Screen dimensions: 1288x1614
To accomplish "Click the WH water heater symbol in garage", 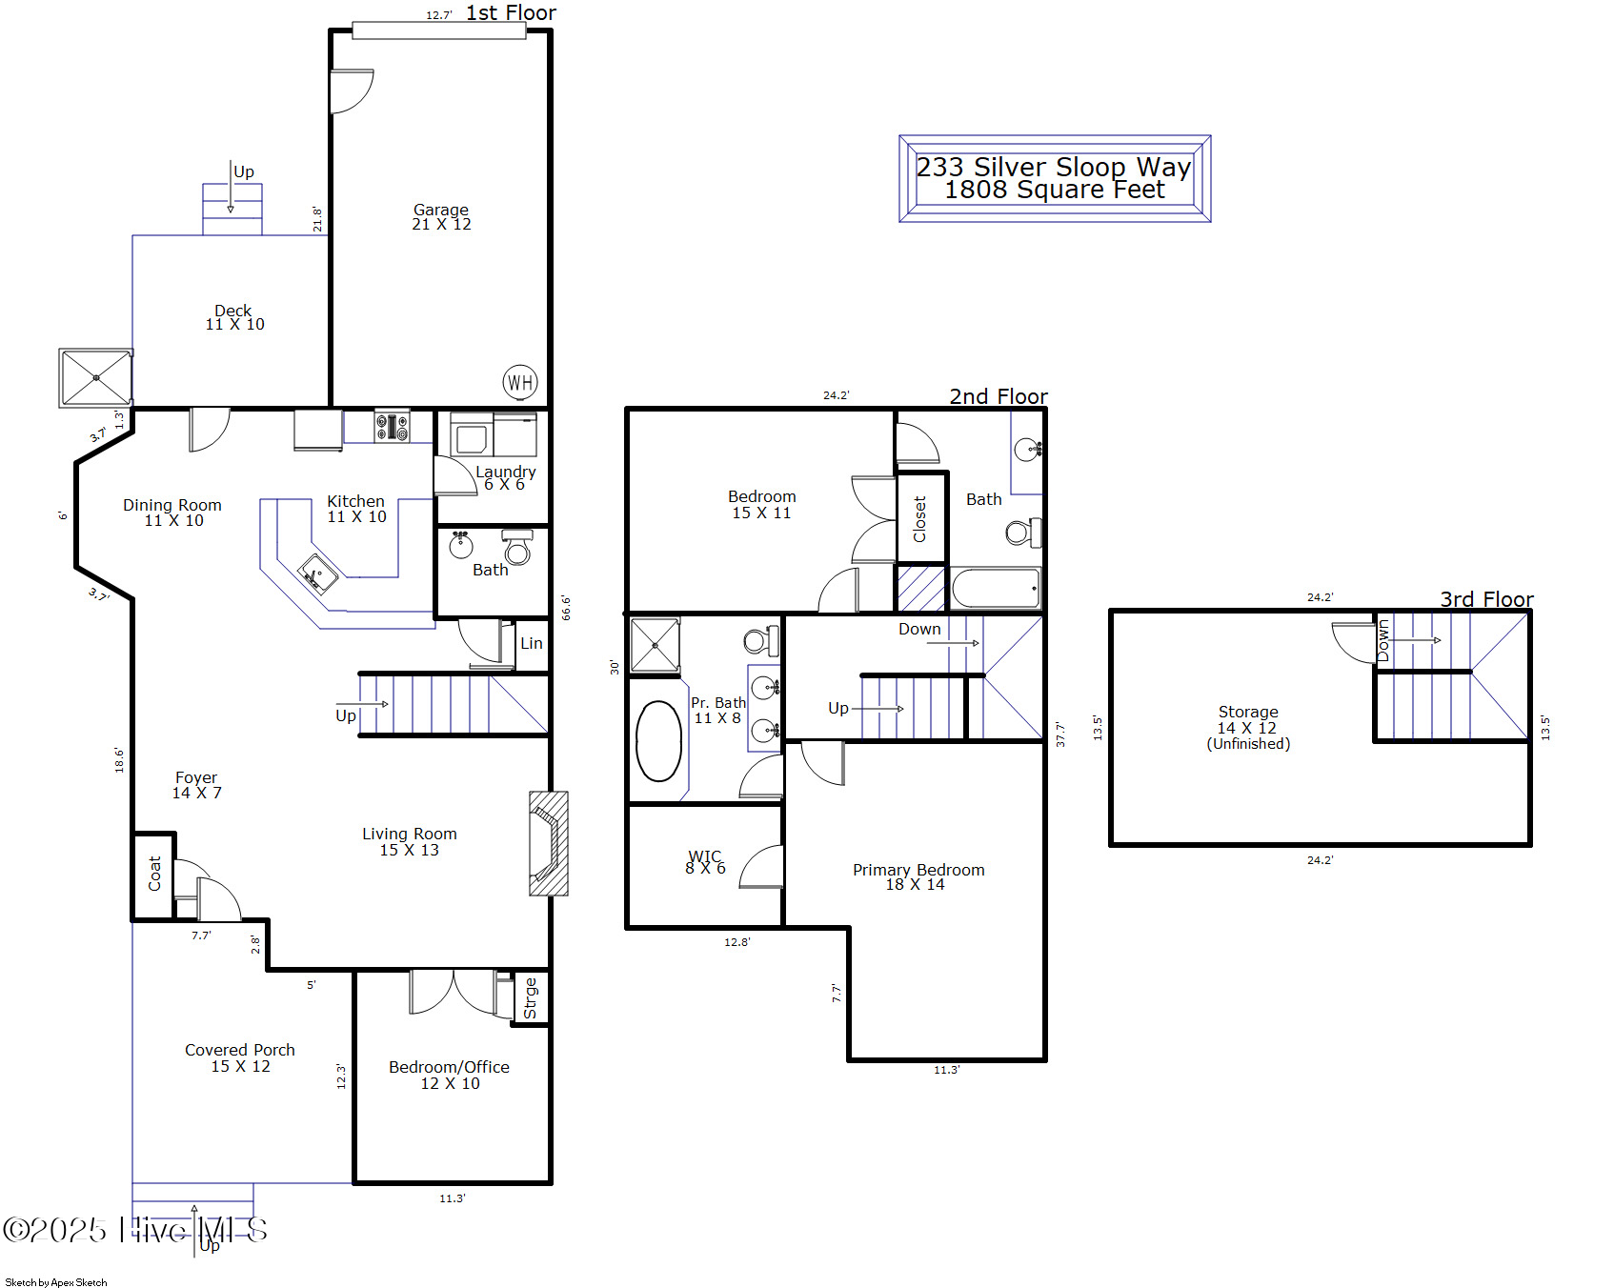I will click(520, 383).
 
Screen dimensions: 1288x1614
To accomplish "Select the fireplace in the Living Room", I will click(548, 843).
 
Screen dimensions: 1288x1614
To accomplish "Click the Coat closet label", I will click(154, 873).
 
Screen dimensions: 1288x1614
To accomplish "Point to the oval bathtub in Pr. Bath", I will click(658, 741).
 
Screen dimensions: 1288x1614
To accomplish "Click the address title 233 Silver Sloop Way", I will click(1054, 167).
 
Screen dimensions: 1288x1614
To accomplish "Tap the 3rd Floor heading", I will click(1485, 599).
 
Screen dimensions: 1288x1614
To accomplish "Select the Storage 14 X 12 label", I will click(1248, 720).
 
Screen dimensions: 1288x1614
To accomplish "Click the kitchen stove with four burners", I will click(392, 426).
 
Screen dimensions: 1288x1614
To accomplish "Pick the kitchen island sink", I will click(317, 574).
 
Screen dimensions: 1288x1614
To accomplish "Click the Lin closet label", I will click(532, 643).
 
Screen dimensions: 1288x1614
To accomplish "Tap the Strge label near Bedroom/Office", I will click(531, 998).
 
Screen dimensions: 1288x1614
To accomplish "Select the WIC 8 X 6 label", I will click(705, 862).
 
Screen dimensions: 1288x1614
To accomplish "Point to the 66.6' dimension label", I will click(566, 608).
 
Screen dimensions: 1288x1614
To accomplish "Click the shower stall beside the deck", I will click(96, 378).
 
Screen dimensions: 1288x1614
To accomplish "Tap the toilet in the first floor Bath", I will click(517, 548).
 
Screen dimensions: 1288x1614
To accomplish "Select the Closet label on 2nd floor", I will click(919, 519).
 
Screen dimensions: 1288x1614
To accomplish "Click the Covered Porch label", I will click(240, 1050).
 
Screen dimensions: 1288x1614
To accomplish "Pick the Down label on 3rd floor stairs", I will click(1383, 640).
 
